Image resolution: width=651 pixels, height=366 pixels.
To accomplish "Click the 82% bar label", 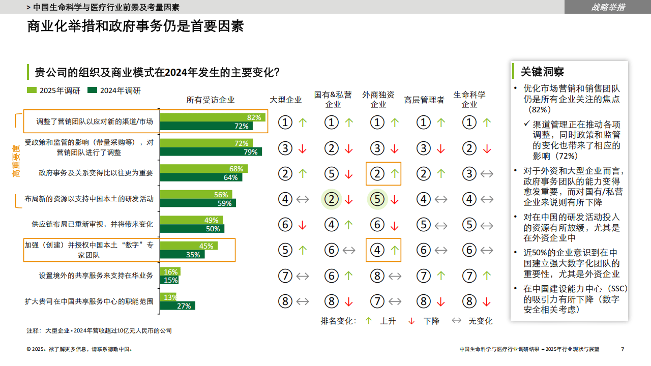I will coord(253,117).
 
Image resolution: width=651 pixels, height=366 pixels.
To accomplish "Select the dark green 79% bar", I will coord(211,151).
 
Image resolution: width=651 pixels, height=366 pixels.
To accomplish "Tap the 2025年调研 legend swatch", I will coord(32,90).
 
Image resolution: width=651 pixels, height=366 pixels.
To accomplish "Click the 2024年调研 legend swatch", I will coord(92,90).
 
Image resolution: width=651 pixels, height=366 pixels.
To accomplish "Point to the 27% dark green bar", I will coord(177,306).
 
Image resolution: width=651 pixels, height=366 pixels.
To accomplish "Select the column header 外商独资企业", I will coord(378,99).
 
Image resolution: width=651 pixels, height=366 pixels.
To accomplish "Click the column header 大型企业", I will coord(285,100).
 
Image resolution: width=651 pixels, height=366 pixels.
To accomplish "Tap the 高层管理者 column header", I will coord(424,100).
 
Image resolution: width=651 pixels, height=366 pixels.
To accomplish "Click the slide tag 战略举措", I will coord(608,7).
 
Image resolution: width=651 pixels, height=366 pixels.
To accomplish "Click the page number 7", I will coord(623,349).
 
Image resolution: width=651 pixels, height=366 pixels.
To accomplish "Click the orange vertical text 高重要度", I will coord(17,161).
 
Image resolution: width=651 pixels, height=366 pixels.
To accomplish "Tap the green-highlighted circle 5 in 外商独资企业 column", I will coord(377,199).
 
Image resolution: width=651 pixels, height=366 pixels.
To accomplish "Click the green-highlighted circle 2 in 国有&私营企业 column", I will coord(332,199).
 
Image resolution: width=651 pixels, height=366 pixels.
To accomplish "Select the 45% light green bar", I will coord(189,246).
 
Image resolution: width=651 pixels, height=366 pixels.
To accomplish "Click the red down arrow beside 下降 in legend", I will coord(411,321).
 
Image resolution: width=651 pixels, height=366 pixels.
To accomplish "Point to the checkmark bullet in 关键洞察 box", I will coord(526,125).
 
